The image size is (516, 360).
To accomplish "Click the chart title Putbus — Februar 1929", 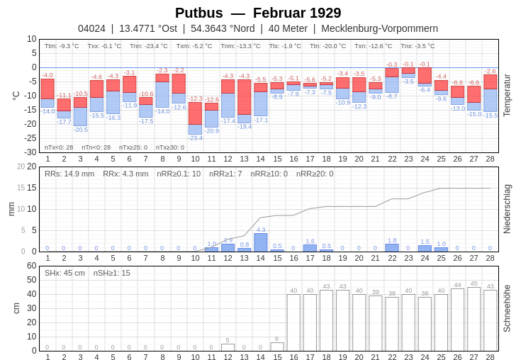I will pyautogui.click(x=258, y=13).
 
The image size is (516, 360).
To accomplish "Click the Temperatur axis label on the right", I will pyautogui.click(x=507, y=95).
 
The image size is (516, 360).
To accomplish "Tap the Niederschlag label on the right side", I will pyautogui.click(x=507, y=209).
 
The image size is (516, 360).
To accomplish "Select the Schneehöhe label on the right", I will pyautogui.click(x=507, y=308).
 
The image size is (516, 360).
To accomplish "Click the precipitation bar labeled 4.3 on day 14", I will pyautogui.click(x=261, y=242).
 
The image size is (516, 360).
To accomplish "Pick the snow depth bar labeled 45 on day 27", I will pyautogui.click(x=474, y=319).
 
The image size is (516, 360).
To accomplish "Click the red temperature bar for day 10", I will pyautogui.click(x=195, y=113).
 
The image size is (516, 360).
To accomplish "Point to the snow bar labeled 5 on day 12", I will pyautogui.click(x=228, y=347).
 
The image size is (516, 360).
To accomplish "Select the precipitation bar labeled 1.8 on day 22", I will pyautogui.click(x=392, y=248).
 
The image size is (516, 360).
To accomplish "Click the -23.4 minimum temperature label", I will pyautogui.click(x=195, y=138).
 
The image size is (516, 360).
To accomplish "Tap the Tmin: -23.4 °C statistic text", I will pyautogui.click(x=149, y=46).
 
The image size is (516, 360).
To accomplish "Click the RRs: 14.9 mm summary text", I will pyautogui.click(x=69, y=174).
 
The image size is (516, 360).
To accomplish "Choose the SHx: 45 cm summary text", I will pyautogui.click(x=64, y=273).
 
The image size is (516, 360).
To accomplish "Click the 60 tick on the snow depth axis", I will pyautogui.click(x=31, y=266).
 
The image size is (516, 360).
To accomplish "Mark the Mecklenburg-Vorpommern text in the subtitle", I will pyautogui.click(x=379, y=28).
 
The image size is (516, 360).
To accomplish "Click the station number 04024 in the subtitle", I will pyautogui.click(x=91, y=28).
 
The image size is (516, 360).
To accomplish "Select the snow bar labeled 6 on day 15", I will pyautogui.click(x=277, y=347).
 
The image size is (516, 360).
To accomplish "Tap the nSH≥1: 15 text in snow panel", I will pyautogui.click(x=112, y=273).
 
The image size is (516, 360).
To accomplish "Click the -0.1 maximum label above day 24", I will pyautogui.click(x=425, y=64).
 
